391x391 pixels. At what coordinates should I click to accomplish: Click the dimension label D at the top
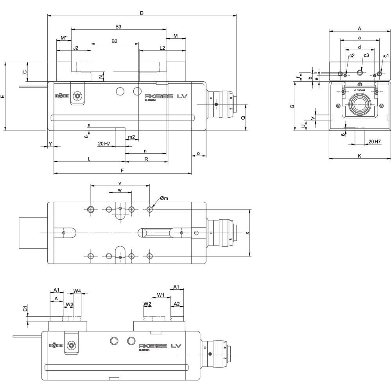point(142,13)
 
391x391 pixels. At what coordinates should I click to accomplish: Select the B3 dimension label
point(118,27)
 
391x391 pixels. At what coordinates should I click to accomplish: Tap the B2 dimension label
point(115,41)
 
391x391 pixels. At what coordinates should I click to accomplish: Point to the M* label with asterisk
point(64,38)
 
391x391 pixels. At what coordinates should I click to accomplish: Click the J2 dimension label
point(76,48)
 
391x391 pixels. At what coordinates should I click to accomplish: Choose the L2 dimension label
point(162,48)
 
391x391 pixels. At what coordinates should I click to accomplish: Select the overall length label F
point(122,170)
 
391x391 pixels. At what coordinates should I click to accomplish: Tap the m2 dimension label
point(132,137)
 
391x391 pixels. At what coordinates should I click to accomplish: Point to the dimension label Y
point(50,144)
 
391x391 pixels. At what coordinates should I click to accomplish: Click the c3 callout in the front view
point(366,56)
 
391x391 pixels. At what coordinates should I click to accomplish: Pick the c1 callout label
point(386,56)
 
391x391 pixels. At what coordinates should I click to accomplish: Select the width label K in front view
point(359,156)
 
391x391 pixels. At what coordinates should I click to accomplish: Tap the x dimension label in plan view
point(247,233)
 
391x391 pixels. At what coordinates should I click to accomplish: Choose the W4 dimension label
point(77,291)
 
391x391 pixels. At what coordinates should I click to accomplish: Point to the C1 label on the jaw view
point(25,309)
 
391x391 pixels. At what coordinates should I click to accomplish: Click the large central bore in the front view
point(359,104)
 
